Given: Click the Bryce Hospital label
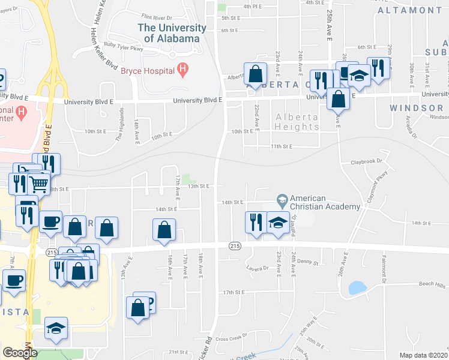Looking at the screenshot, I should (147, 71).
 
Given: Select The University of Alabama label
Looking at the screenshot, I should (168, 33).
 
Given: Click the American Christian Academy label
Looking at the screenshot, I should (325, 202).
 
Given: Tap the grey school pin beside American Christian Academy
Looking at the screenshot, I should (282, 199).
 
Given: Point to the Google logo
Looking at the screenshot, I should (20, 352).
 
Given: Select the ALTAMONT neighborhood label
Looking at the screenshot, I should (410, 10).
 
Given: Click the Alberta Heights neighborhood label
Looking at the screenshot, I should (297, 122).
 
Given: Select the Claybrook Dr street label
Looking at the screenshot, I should (366, 162).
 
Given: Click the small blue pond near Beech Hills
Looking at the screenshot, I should (357, 288).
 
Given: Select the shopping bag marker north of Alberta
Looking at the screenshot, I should (255, 74).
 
